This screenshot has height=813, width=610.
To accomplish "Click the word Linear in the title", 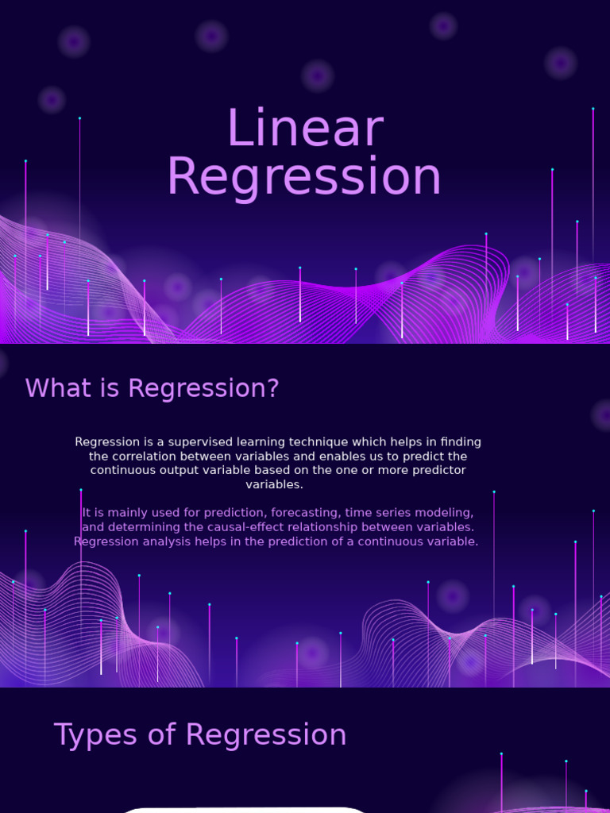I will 305,129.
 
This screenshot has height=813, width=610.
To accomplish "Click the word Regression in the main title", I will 304,177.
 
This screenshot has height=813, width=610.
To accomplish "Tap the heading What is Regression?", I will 152,389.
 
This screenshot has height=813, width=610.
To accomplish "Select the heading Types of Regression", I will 200,735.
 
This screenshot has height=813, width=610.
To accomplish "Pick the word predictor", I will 429,470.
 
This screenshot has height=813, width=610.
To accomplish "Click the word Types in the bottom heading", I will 85,735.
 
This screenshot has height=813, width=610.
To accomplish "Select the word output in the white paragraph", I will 185,470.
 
